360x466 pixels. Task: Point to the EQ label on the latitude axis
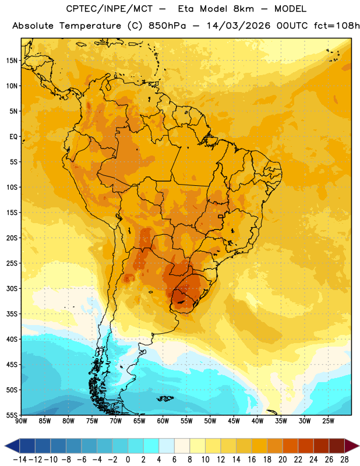pyautogui.click(x=13, y=137)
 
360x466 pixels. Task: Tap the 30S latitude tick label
pyautogui.click(x=12, y=288)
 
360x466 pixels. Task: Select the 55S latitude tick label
pyautogui.click(x=12, y=415)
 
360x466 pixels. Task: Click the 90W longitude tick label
pyautogui.click(x=21, y=421)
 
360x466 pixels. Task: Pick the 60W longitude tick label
pyautogui.click(x=163, y=421)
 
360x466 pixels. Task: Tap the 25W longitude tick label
pyautogui.click(x=328, y=421)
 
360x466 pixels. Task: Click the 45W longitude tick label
pyautogui.click(x=234, y=421)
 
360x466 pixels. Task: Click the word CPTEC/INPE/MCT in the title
pyautogui.click(x=110, y=9)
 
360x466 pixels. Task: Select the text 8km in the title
pyautogui.click(x=243, y=9)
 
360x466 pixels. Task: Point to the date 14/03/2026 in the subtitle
pyautogui.click(x=238, y=26)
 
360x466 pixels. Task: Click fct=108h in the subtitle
pyautogui.click(x=337, y=26)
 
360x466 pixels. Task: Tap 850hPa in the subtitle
pyautogui.click(x=167, y=26)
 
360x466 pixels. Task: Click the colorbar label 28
pyautogui.click(x=344, y=460)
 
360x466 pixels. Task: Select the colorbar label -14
pyautogui.click(x=20, y=460)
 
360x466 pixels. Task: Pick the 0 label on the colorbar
pyautogui.click(x=128, y=460)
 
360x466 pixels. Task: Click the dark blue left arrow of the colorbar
pyautogui.click(x=12, y=446)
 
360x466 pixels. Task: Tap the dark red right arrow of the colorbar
pyautogui.click(x=352, y=446)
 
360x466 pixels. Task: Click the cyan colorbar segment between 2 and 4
pyautogui.click(x=151, y=446)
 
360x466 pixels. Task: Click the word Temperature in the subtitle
pyautogui.click(x=90, y=26)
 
